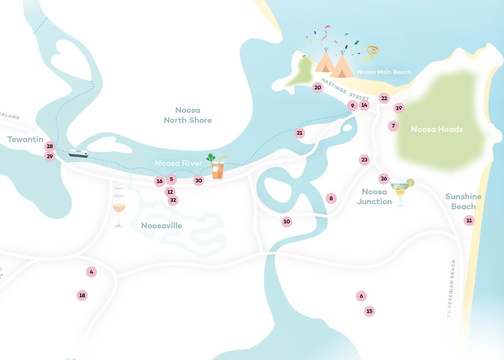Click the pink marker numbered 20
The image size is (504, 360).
coord(318,88)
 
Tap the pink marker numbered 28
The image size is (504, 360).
coord(50,146)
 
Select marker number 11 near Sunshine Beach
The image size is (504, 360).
coord(469,221)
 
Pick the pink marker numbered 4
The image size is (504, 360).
coord(91,272)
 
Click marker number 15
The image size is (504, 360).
coord(369,311)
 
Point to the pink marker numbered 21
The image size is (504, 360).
coord(299,133)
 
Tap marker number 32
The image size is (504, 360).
coord(173,200)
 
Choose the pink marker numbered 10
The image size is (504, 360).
coord(287,222)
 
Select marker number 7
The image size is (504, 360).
coord(393,126)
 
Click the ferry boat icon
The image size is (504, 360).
coord(78,154)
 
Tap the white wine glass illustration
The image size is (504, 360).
coord(119,207)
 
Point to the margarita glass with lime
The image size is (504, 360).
coord(402,191)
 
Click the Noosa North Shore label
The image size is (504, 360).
coord(187,115)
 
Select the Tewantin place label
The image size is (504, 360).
coord(25,139)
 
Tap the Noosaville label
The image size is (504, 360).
coord(161,226)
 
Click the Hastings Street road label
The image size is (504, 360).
coord(345,89)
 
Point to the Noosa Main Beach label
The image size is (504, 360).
coord(384,72)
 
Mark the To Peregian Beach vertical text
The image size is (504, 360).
coord(451,288)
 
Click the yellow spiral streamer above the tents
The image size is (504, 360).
coord(371,53)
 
